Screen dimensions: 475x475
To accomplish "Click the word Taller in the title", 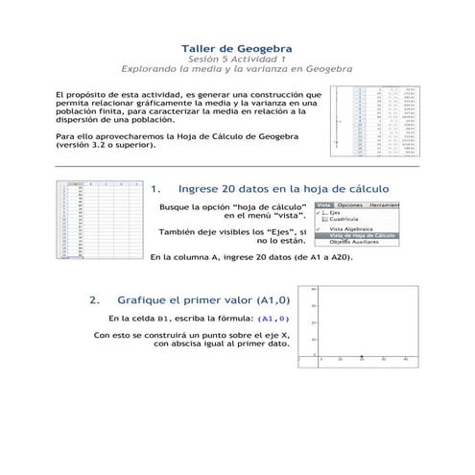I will pos(201,47).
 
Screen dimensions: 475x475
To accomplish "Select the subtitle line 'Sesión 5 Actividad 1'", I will pos(237,59).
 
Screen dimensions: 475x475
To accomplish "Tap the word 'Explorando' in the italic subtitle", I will pos(153,69).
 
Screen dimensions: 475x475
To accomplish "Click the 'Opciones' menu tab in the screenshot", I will pos(350,205).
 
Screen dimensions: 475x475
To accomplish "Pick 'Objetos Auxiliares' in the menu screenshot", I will pos(354,242).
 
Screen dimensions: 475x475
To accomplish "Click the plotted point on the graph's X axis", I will pos(362,356).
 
